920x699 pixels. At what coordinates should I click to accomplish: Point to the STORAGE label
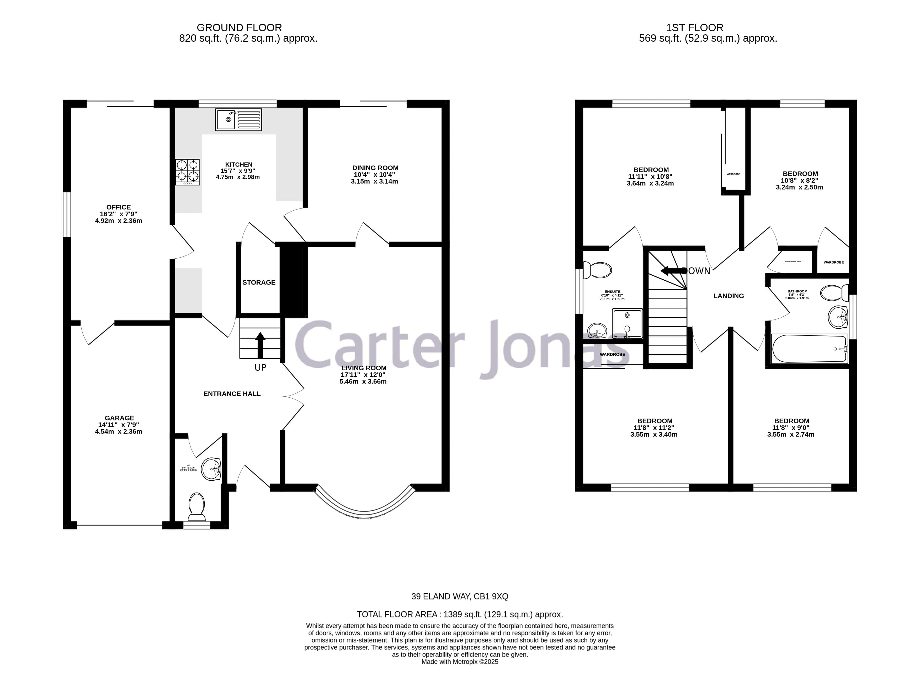click(259, 282)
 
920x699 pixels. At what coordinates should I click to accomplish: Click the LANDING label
click(728, 296)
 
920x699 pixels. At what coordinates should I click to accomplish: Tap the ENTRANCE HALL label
click(232, 394)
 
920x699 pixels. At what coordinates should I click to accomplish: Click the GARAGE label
click(119, 418)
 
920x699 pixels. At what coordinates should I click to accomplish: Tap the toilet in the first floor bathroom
click(834, 293)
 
